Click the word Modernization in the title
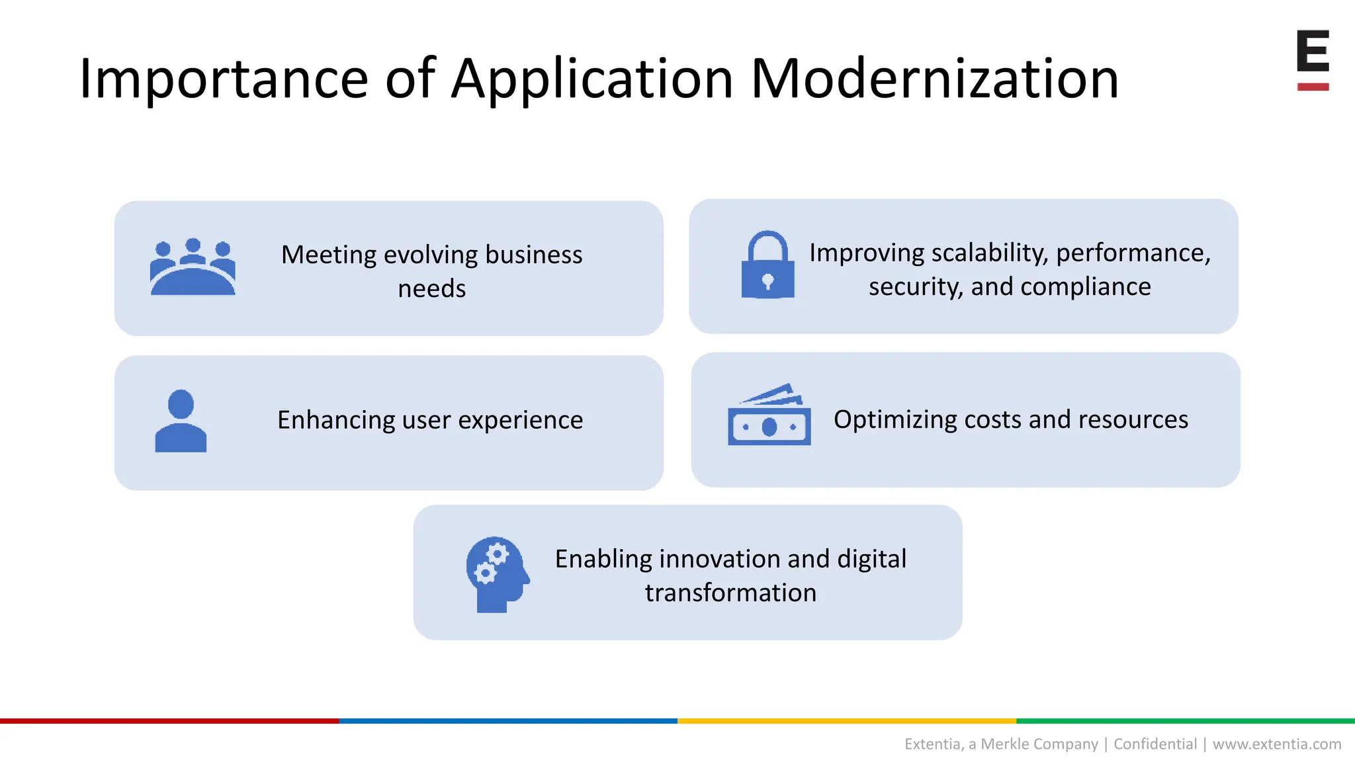[x=934, y=79]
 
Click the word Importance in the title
[x=223, y=79]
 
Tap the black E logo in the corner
[x=1313, y=52]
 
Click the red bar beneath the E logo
[x=1313, y=87]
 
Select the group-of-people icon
[x=193, y=267]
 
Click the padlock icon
[x=767, y=265]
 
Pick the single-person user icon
[x=181, y=421]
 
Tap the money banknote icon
[x=769, y=415]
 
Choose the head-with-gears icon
[x=497, y=573]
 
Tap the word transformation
[x=730, y=593]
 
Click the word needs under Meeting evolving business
[x=431, y=289]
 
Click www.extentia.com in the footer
[x=1276, y=744]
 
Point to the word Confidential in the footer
[x=1155, y=744]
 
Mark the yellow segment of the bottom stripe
[x=847, y=720]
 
